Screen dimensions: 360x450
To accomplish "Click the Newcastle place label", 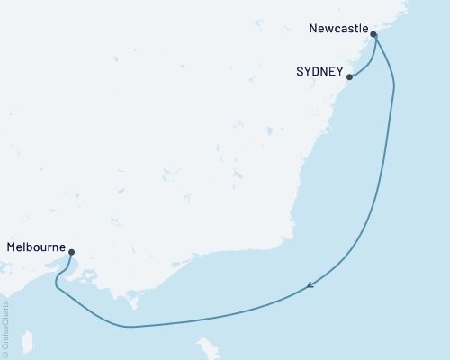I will (338, 29).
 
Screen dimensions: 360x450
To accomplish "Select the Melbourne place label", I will (35, 245).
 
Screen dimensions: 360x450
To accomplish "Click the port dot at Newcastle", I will (373, 36).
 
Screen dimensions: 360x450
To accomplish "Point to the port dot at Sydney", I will (349, 77).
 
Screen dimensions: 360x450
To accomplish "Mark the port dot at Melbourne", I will (71, 253).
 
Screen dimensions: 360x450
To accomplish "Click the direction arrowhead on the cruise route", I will (310, 285).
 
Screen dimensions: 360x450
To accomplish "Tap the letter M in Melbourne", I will (11, 245).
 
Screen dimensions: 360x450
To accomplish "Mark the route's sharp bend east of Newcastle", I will (394, 85).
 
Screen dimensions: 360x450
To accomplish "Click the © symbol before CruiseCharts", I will (6, 353).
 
